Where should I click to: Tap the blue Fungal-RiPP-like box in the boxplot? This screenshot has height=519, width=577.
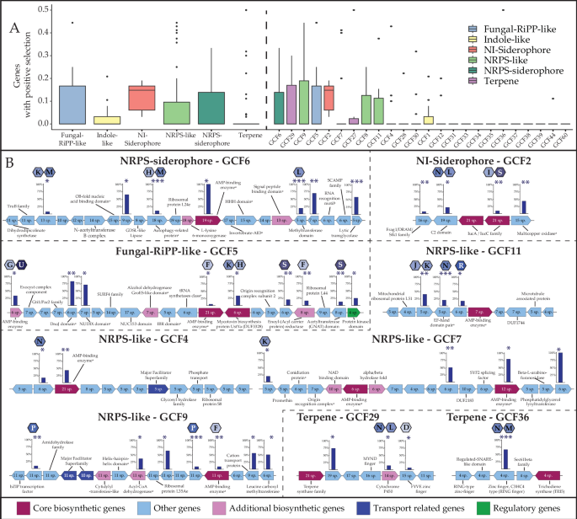[x=74, y=104]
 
